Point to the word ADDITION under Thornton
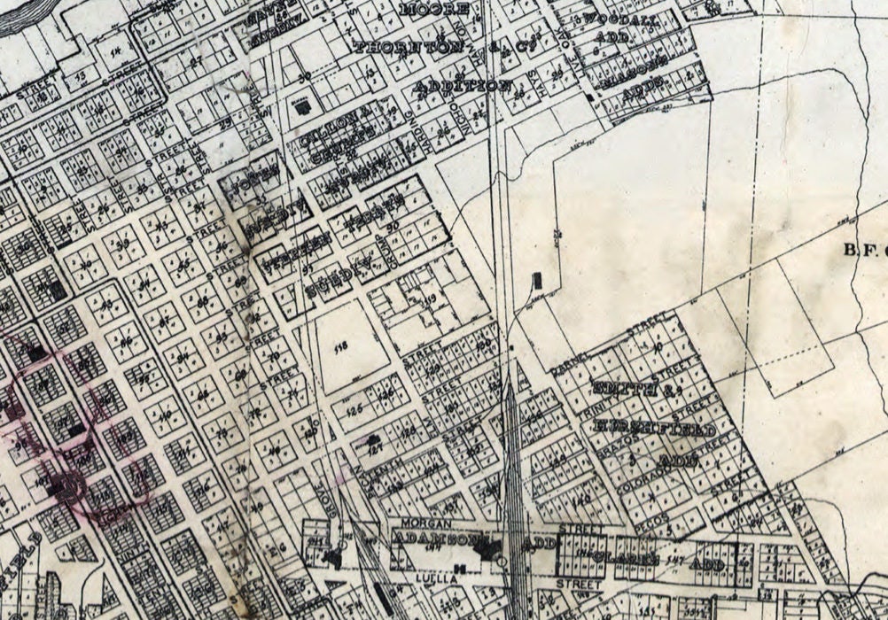463,87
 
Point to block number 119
432,299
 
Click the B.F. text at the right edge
858,250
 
